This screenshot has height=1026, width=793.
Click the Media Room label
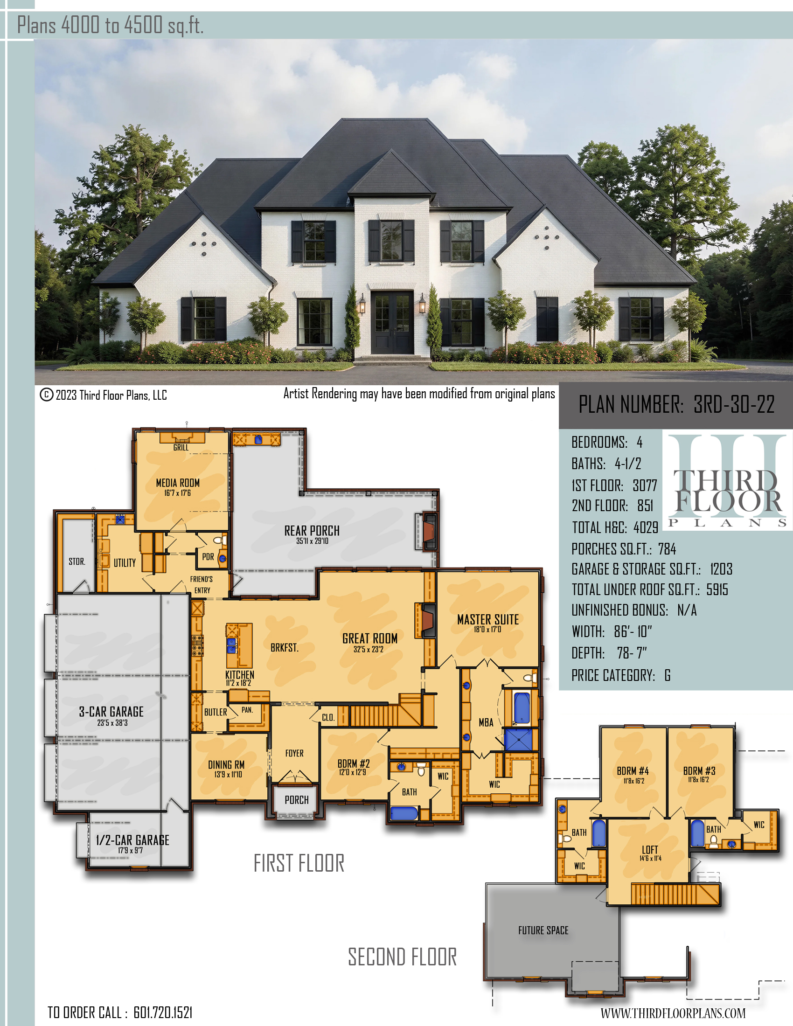pos(178,483)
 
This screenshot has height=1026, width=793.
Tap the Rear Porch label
pos(312,531)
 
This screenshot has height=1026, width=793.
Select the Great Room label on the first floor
pos(370,638)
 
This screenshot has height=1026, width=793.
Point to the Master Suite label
pos(488,620)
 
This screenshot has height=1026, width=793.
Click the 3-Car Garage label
pos(111,712)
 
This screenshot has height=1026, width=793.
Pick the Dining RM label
pos(226,765)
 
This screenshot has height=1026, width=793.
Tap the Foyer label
pos(294,753)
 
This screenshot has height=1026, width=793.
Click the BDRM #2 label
pos(354,764)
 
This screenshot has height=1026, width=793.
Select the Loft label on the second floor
pos(650,850)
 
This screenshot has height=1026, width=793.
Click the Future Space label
pos(543,930)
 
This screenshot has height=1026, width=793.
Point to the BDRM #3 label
pos(700,771)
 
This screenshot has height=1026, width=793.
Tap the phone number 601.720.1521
pos(163,1012)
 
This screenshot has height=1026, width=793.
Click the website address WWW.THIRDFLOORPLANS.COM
pos(673,1013)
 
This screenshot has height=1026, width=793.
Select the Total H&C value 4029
pos(646,527)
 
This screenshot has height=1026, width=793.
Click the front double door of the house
pos(392,323)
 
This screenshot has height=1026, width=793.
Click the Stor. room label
pos(77,562)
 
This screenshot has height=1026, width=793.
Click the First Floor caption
pos(299,863)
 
